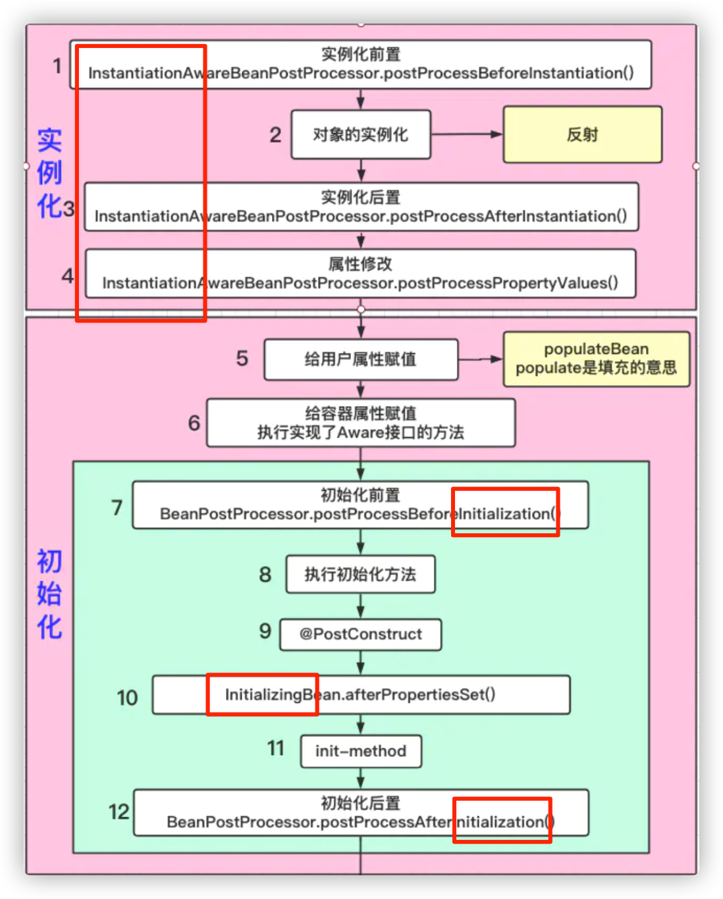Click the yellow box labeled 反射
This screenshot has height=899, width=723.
(x=582, y=134)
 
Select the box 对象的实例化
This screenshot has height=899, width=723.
(x=360, y=134)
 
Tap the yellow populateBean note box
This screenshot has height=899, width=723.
(x=596, y=359)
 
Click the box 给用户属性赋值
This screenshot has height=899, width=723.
(x=360, y=359)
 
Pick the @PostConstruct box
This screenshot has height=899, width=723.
(x=360, y=634)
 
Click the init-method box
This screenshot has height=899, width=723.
(x=360, y=751)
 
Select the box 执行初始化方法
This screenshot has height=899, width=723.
(x=360, y=575)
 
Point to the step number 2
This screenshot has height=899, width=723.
(x=275, y=135)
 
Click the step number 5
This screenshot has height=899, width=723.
(x=242, y=359)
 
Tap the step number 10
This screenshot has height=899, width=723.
(x=127, y=698)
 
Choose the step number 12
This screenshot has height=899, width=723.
(x=119, y=811)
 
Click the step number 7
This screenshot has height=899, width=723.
(x=117, y=507)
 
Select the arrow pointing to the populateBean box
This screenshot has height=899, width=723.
(x=480, y=359)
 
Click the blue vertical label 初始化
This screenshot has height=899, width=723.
(x=49, y=594)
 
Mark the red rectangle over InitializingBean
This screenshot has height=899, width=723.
(x=262, y=694)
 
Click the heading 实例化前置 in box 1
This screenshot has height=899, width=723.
(x=360, y=54)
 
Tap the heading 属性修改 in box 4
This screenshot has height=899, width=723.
(x=360, y=264)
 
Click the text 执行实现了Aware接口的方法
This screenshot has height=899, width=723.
(x=360, y=432)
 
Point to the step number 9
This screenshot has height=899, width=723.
(x=265, y=631)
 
